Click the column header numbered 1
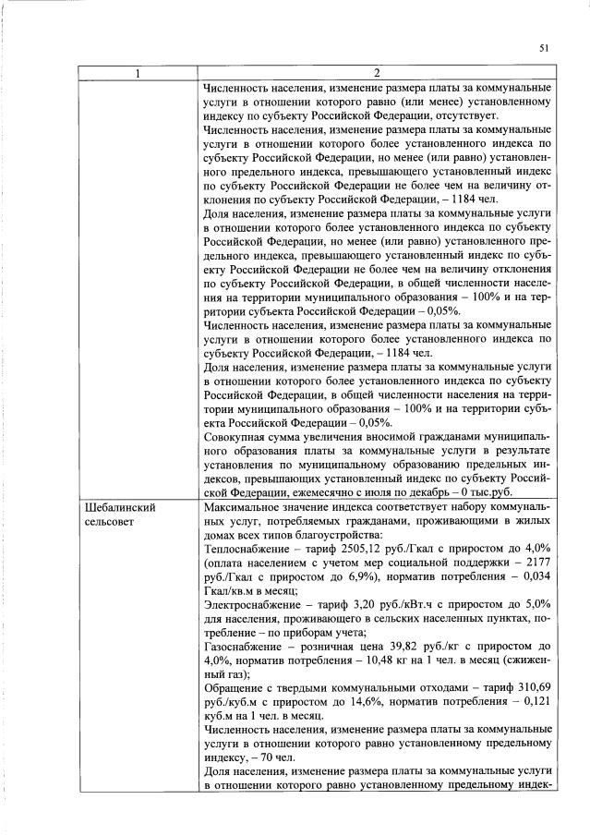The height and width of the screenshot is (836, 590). click(x=138, y=74)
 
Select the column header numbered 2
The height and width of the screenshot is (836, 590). click(x=376, y=74)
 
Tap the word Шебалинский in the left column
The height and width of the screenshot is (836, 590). click(x=119, y=507)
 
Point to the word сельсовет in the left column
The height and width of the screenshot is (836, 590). click(x=111, y=522)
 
